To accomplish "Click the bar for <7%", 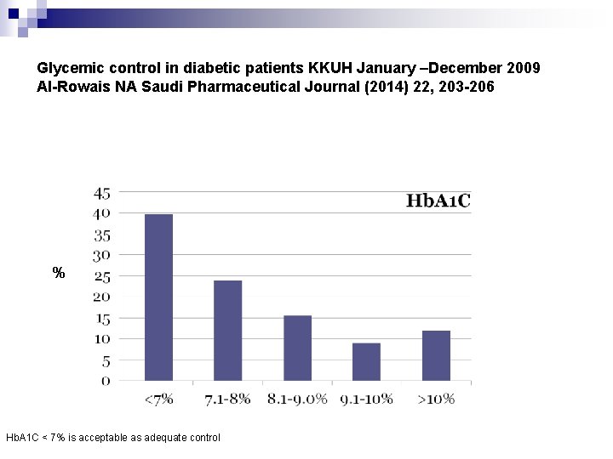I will [158, 297].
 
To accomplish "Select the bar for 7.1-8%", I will [227, 331].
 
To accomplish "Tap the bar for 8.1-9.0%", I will [297, 348].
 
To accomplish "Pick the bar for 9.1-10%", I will [366, 362].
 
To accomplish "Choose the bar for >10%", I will [436, 355].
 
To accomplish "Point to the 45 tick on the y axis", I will [101, 192].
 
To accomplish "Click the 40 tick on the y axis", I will [101, 212].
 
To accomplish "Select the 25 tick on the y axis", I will [101, 276].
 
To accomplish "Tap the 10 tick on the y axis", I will [101, 339].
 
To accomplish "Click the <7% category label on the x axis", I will [158, 399].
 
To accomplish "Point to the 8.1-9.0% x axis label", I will [297, 399].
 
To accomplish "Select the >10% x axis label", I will [436, 399].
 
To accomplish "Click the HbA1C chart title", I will [438, 201].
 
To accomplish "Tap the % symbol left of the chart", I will [59, 273].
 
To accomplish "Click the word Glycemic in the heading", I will [66, 65].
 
